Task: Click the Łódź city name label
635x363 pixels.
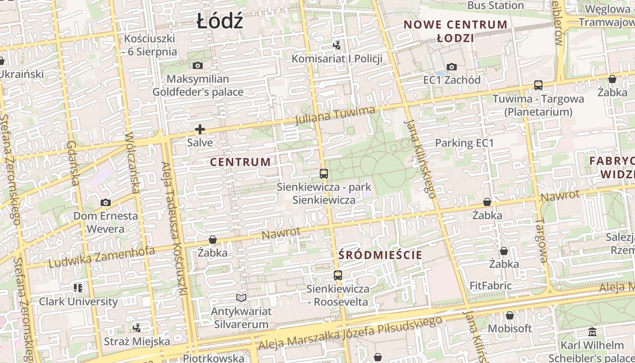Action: (220, 21)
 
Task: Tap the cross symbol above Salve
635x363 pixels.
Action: (200, 130)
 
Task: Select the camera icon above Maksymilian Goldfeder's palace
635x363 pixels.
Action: (198, 66)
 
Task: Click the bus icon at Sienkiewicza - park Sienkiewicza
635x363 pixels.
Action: (323, 173)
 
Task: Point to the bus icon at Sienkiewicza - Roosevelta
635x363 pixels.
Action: (337, 275)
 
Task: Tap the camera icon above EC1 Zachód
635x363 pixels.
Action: (451, 67)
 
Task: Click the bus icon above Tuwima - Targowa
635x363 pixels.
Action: (538, 85)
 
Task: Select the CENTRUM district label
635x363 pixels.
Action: (240, 162)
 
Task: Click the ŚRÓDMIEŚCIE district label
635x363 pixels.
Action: (380, 255)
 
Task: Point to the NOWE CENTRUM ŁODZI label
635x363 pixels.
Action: (455, 31)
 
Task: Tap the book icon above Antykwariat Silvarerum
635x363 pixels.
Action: (241, 298)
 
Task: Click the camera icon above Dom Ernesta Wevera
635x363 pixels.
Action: (105, 202)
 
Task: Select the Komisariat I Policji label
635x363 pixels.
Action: (337, 59)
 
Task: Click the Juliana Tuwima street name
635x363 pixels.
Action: (335, 116)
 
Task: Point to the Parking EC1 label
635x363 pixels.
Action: (464, 143)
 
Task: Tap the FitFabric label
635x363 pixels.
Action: (490, 286)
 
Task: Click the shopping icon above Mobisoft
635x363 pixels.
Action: (509, 315)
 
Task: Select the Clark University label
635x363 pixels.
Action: (78, 301)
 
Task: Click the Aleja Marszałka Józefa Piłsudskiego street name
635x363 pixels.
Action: (350, 334)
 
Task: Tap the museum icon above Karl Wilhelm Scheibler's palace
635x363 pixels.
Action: (592, 332)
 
